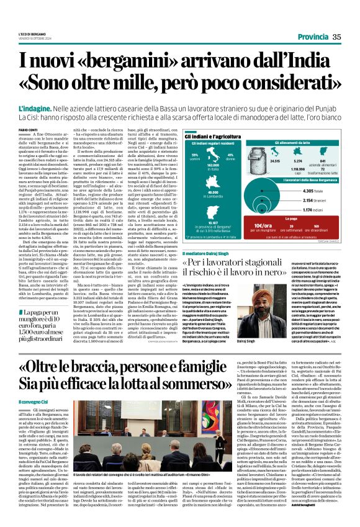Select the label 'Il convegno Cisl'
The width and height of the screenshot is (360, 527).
tap(33, 402)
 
